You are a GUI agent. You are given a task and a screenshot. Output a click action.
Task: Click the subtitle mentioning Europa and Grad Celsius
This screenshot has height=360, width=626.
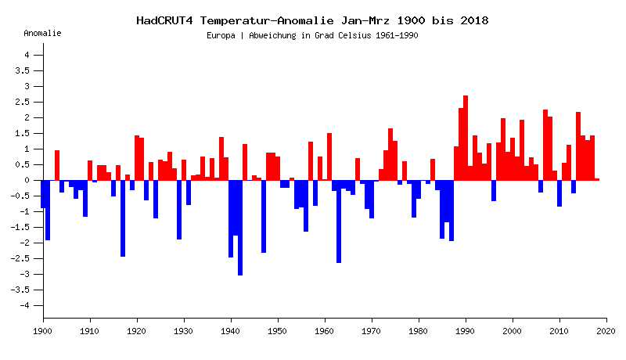tap(313, 36)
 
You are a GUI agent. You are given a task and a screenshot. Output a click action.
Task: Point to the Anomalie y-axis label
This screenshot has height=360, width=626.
tap(42, 33)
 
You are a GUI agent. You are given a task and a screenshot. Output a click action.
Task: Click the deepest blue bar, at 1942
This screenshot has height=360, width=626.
tap(240, 227)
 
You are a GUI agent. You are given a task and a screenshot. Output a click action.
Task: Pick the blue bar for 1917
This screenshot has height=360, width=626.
tap(123, 218)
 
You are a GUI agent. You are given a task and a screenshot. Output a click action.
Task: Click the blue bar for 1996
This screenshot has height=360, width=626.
tap(494, 190)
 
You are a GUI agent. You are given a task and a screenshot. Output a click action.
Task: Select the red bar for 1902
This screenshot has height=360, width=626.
tap(57, 165)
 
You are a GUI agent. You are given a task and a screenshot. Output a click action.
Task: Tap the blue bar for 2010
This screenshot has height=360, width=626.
tap(559, 193)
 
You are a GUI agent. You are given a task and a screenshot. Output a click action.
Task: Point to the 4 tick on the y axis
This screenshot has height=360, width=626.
tap(27, 55)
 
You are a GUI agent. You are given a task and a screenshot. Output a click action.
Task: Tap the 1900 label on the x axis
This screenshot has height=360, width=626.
tap(43, 332)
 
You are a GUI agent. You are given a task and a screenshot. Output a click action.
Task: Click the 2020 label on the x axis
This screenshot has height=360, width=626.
tap(606, 332)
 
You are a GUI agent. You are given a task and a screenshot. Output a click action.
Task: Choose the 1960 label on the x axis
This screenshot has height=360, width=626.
tap(325, 332)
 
